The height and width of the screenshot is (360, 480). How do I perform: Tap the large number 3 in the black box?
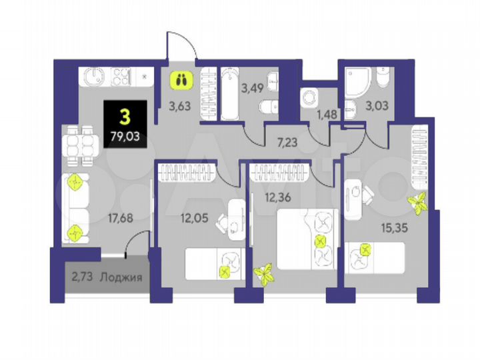[124, 119]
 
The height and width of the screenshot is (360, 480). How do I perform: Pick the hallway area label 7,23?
[287, 141]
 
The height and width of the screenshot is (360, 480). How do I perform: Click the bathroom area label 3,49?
[253, 87]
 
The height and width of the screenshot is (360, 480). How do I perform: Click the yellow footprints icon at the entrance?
[179, 80]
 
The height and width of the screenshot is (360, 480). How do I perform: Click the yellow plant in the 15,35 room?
[419, 203]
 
